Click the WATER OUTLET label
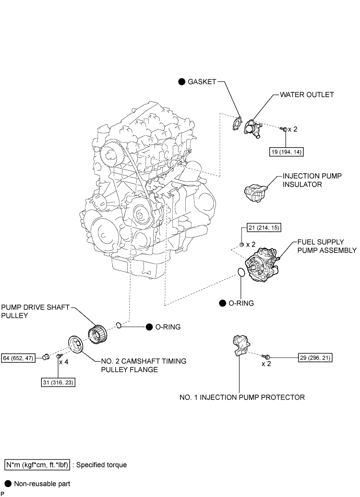(x=307, y=94)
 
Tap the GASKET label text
(x=202, y=82)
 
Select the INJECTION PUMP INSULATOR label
(x=312, y=180)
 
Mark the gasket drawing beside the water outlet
(x=236, y=123)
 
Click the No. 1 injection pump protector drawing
(x=240, y=345)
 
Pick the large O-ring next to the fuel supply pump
(x=241, y=273)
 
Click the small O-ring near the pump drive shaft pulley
(x=118, y=325)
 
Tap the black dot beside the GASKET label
(x=182, y=82)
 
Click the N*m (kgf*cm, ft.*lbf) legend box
(x=37, y=465)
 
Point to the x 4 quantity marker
(x=64, y=362)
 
